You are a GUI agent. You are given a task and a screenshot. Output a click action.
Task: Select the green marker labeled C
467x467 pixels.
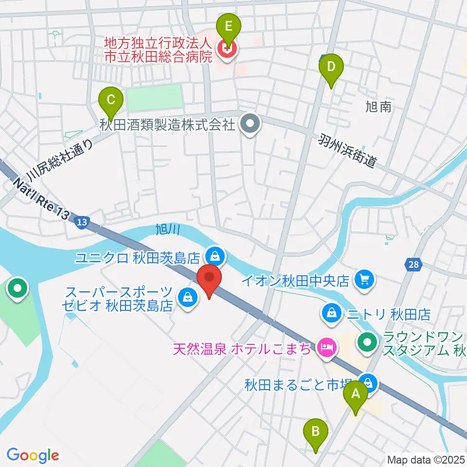(111, 101)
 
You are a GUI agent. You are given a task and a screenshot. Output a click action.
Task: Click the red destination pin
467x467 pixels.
(210, 279)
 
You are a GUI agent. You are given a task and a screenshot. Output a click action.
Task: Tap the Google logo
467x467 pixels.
(33, 455)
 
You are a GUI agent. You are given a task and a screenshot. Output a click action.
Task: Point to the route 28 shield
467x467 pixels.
(412, 265)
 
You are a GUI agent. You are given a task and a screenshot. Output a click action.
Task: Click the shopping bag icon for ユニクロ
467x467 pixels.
(214, 254)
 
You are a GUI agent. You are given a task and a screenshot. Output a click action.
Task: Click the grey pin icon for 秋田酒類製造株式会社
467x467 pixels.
(251, 125)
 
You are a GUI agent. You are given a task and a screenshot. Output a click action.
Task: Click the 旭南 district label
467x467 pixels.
(378, 107)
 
